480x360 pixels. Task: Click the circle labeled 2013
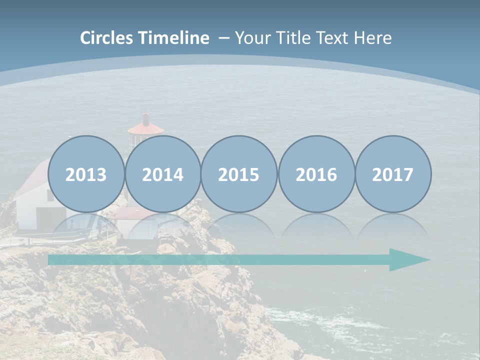coord(86,174)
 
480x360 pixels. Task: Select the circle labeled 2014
coord(163,174)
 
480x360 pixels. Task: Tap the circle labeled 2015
coord(239,174)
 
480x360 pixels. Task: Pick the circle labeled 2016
coord(316,174)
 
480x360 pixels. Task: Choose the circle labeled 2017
coord(393,174)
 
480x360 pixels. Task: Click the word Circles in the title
coord(107,38)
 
